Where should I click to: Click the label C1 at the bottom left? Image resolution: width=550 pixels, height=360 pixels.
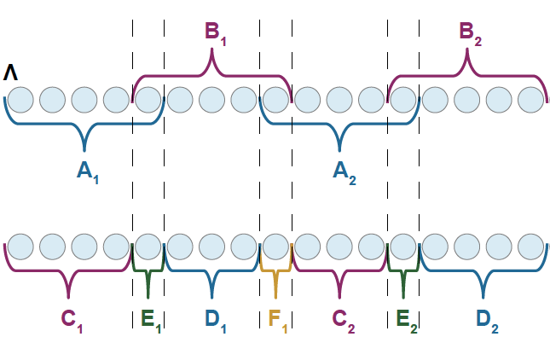[72, 320]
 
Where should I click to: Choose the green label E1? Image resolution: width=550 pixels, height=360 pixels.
[150, 320]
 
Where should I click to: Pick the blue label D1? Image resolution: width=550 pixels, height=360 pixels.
[217, 320]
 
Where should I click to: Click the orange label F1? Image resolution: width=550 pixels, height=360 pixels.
[277, 320]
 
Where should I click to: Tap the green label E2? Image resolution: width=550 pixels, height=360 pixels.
[407, 320]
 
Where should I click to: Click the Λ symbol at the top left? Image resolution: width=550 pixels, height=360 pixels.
[10, 73]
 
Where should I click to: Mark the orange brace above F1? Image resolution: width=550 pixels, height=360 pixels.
[275, 273]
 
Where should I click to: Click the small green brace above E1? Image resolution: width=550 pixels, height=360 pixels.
[148, 273]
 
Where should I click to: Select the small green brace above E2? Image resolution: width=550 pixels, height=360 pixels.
[403, 273]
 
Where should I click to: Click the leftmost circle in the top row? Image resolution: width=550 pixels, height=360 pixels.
[20, 100]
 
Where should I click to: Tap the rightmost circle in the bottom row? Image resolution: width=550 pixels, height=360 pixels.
[530, 246]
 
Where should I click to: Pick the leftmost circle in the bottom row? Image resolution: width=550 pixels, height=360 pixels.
[20, 246]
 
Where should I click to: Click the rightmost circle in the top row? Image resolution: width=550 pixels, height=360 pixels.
[530, 100]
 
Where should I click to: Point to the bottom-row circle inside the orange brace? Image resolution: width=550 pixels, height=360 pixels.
[275, 246]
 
